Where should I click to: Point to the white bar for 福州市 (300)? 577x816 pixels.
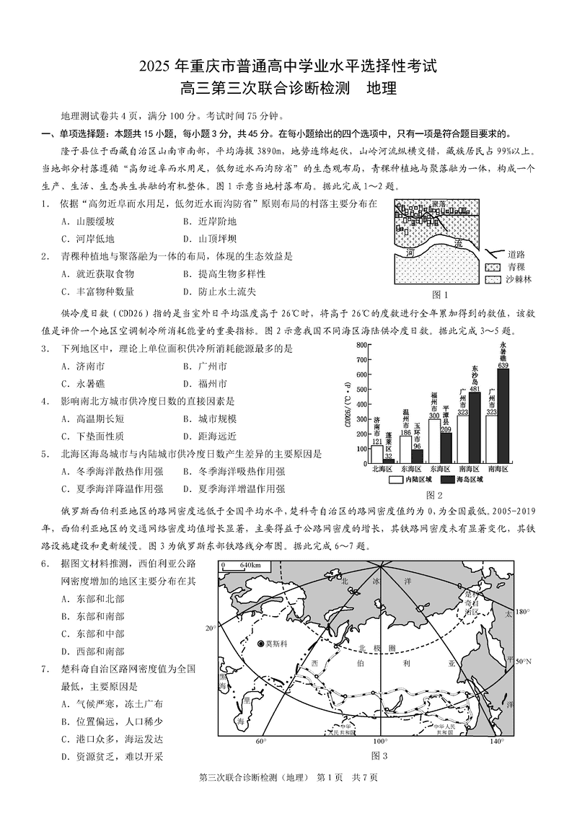(x=434, y=440)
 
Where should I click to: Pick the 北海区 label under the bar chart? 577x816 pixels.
(x=382, y=468)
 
